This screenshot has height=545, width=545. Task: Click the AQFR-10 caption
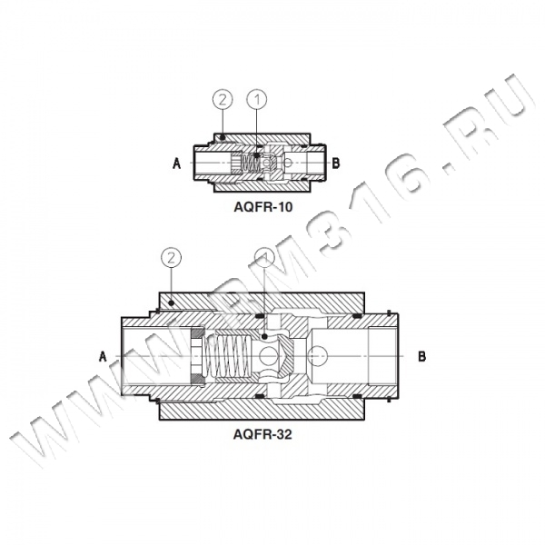point(263,207)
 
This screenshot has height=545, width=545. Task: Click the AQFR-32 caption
point(263,434)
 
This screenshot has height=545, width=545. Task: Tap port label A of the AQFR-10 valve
point(177,163)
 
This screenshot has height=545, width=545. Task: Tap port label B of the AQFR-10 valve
point(336,163)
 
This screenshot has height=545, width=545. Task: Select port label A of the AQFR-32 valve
point(103,357)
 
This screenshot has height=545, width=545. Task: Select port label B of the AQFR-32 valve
point(421,357)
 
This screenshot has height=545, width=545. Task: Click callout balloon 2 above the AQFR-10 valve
point(223,100)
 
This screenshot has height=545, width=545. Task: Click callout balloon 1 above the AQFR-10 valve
point(257,100)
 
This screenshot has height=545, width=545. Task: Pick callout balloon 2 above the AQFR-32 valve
point(171,258)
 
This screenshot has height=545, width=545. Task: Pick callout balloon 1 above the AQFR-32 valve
point(264,258)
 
